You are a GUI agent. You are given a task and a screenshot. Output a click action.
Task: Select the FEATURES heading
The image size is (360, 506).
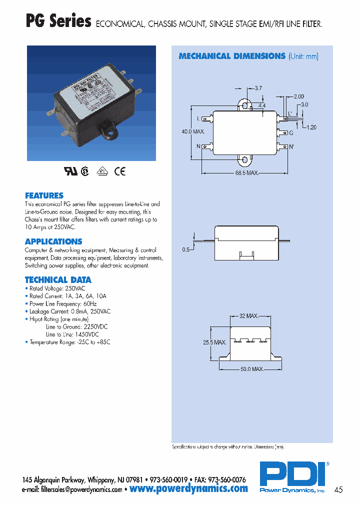point(44,195)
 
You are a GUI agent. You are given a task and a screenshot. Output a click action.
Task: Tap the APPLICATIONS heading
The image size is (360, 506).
point(53,241)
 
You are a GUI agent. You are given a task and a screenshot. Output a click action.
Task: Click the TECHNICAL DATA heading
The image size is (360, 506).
point(58,280)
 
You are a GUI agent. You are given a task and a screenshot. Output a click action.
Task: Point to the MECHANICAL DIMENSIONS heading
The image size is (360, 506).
point(232,56)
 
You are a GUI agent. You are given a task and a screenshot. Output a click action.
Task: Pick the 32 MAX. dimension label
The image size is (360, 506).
point(248,316)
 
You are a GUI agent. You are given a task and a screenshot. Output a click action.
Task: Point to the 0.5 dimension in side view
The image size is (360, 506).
point(186,249)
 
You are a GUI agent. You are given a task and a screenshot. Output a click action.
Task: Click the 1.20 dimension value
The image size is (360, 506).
point(311,127)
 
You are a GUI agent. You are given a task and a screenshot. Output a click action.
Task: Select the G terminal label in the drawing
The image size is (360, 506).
point(291,133)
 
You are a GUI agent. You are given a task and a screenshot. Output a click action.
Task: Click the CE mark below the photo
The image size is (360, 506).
point(119,171)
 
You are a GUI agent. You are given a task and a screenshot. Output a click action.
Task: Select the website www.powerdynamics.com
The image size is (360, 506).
point(188,488)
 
